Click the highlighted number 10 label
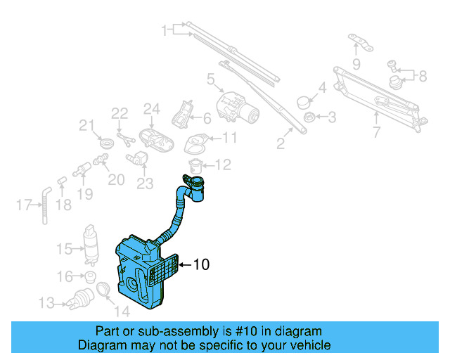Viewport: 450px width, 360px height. point(201,265)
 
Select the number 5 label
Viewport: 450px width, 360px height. point(210,82)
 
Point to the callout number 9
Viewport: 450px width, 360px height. point(356,65)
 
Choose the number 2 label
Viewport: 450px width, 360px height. point(280,145)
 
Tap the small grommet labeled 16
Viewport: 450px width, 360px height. point(91,276)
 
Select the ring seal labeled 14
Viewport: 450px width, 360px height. point(102,290)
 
